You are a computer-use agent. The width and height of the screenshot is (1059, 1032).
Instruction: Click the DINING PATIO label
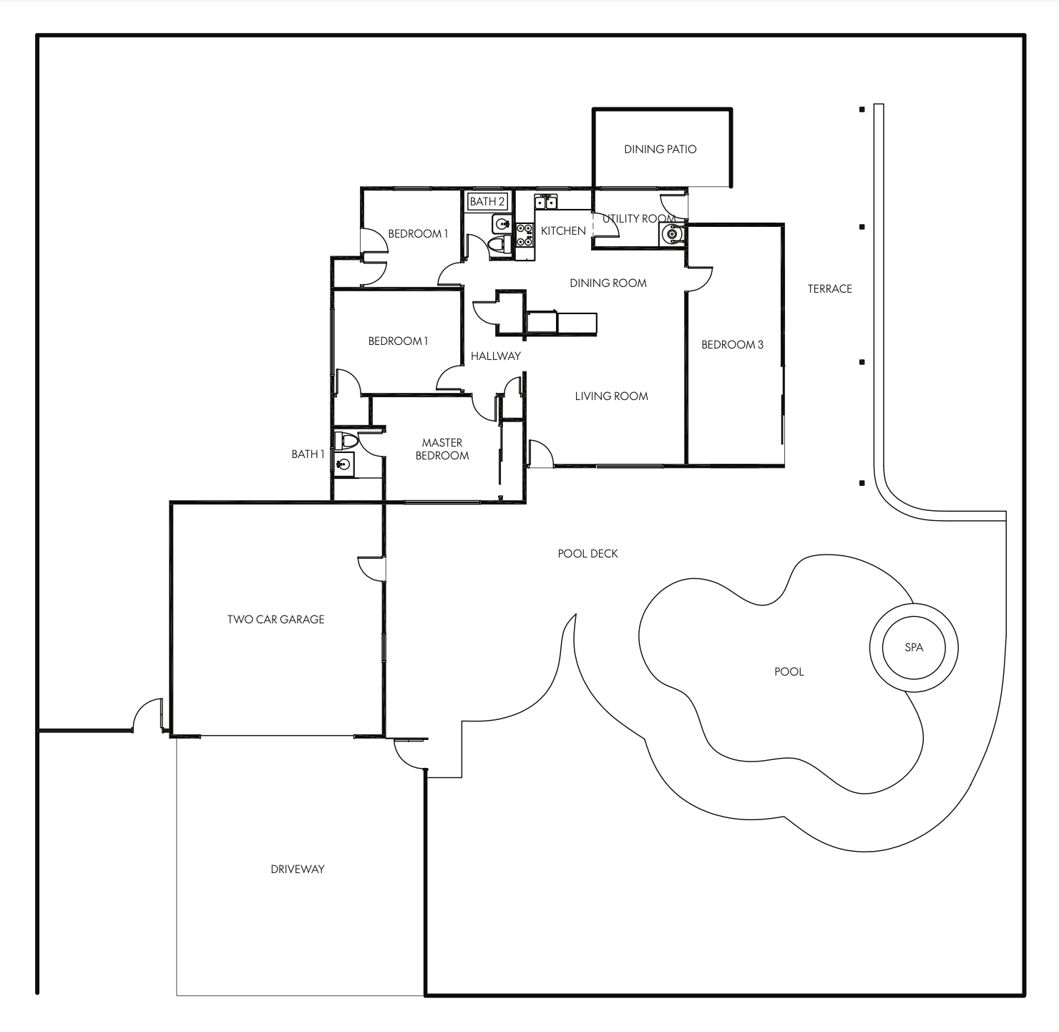tap(660, 150)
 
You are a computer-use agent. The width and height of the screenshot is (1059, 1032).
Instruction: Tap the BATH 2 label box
tap(487, 202)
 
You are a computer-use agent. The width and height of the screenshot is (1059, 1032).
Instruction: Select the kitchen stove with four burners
tap(524, 235)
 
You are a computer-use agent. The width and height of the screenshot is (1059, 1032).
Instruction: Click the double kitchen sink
tap(545, 203)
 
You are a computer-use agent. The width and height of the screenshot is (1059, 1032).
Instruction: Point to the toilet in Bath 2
tap(497, 245)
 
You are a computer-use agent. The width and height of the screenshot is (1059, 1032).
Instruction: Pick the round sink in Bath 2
tap(500, 224)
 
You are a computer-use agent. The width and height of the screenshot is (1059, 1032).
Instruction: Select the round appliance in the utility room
tap(671, 233)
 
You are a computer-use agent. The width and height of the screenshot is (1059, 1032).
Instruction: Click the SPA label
tap(914, 648)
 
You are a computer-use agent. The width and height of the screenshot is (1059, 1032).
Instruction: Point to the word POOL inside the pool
tap(789, 672)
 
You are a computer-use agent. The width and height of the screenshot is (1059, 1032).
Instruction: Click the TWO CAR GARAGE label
tap(275, 620)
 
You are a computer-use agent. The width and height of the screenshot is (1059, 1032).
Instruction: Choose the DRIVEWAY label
tap(298, 870)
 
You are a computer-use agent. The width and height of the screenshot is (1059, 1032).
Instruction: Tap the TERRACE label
tap(830, 289)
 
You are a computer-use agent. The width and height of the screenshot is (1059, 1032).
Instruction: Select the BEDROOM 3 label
tap(732, 345)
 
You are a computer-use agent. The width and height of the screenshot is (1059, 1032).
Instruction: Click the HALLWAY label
tap(495, 356)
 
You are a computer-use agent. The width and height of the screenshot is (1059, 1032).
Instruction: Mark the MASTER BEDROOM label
tap(442, 449)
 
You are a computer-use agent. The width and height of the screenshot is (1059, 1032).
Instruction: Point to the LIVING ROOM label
tap(611, 396)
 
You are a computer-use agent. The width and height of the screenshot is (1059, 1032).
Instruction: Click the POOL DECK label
tap(587, 554)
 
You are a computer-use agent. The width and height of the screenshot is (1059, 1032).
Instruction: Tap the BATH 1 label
tap(308, 454)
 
